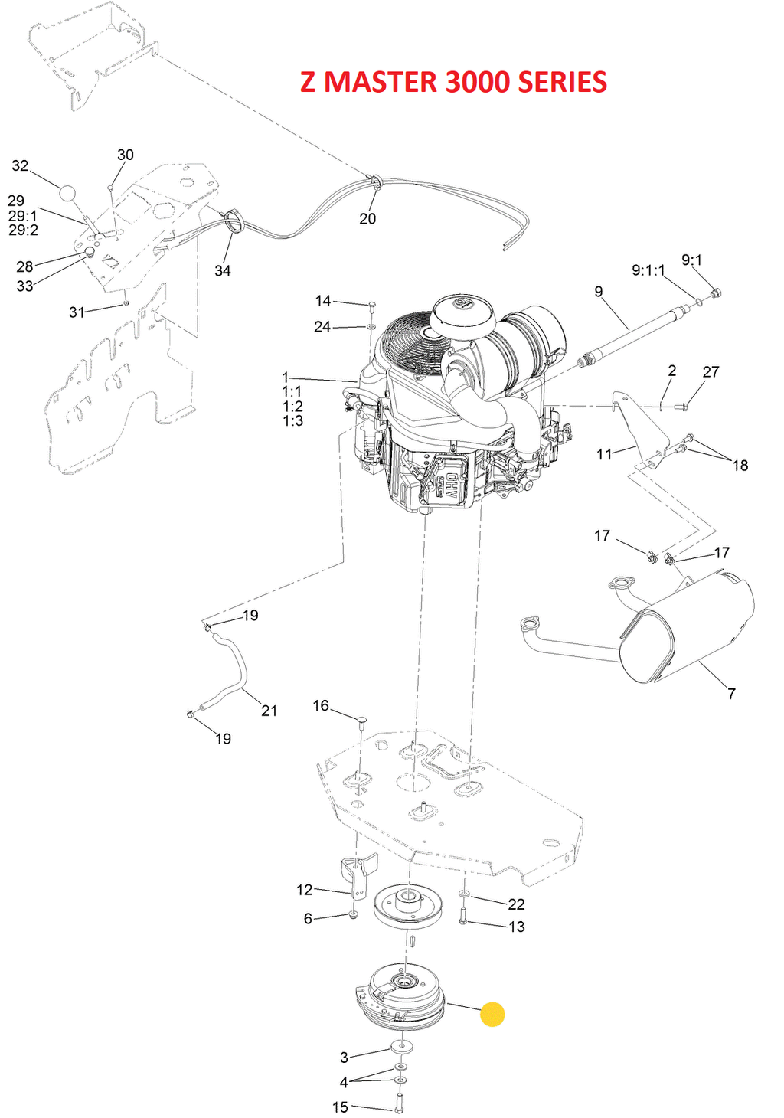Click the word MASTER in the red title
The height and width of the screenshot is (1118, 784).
pyautogui.click(x=381, y=82)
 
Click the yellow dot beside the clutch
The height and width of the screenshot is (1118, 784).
pyautogui.click(x=492, y=1014)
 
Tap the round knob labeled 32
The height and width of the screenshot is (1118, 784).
pyautogui.click(x=67, y=194)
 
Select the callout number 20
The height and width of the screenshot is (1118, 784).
pyautogui.click(x=367, y=218)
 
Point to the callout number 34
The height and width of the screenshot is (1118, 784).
pyautogui.click(x=223, y=270)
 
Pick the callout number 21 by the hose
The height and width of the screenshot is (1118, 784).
pyautogui.click(x=269, y=710)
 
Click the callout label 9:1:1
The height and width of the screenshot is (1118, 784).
pyautogui.click(x=648, y=270)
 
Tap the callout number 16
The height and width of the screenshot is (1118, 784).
pyautogui.click(x=321, y=705)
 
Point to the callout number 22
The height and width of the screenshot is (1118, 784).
pyautogui.click(x=516, y=904)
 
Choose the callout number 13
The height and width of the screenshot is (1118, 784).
pyautogui.click(x=517, y=927)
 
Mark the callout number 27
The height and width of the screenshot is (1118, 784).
pyautogui.click(x=710, y=371)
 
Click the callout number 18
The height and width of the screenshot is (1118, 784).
pyautogui.click(x=740, y=465)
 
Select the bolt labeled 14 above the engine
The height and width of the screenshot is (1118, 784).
pyautogui.click(x=373, y=306)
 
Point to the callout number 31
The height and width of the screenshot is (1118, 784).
pyautogui.click(x=77, y=312)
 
